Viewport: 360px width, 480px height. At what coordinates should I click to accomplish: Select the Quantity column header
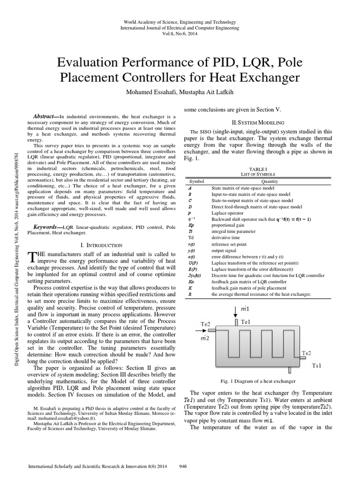click(269, 180)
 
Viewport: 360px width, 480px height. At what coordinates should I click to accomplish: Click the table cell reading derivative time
click(225, 238)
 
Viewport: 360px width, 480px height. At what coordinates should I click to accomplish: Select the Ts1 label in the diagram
click(317, 365)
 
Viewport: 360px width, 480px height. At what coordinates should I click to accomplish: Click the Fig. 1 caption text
click(258, 381)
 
